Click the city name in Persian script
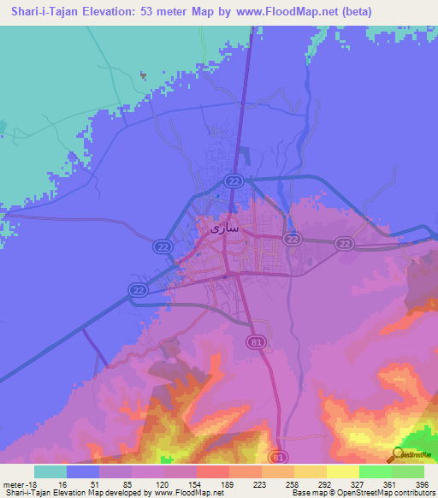[x=225, y=229]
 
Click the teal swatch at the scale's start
[x=50, y=471]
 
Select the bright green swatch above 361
[x=375, y=471]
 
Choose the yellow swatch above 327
[x=342, y=471]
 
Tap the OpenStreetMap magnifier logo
[x=399, y=455]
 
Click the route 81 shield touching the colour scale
[x=276, y=458]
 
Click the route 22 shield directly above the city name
[x=233, y=181]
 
